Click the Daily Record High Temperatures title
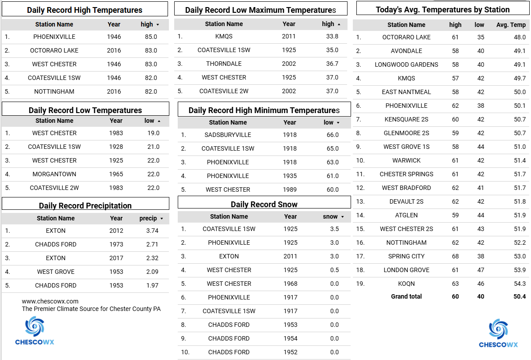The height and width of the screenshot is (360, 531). pyautogui.click(x=84, y=10)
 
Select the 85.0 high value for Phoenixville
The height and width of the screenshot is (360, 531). pyautogui.click(x=151, y=37)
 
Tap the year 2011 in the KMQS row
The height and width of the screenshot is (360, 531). pyautogui.click(x=289, y=36)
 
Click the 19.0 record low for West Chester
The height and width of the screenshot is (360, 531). pyautogui.click(x=153, y=133)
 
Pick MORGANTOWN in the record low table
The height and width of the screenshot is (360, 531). pyautogui.click(x=54, y=174)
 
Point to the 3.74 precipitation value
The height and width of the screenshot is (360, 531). pyautogui.click(x=152, y=231)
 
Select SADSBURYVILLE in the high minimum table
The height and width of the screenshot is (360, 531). pyautogui.click(x=228, y=135)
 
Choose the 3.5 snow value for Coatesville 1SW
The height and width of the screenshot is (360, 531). pyautogui.click(x=334, y=229)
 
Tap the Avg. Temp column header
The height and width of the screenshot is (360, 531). pyautogui.click(x=511, y=25)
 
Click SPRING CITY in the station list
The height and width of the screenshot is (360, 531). pyautogui.click(x=406, y=256)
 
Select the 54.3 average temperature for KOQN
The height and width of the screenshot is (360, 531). pyautogui.click(x=520, y=284)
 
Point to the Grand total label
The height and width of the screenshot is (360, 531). pyautogui.click(x=406, y=296)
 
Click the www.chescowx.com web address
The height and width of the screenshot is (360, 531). pyautogui.click(x=50, y=301)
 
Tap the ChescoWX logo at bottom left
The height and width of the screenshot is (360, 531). pyautogui.click(x=34, y=330)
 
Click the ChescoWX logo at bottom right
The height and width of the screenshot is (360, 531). pyautogui.click(x=498, y=333)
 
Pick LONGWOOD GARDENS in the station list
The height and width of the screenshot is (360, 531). pyautogui.click(x=406, y=64)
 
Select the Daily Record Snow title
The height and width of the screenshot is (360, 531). pyautogui.click(x=264, y=204)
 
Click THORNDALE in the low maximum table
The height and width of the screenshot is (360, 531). pyautogui.click(x=224, y=64)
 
